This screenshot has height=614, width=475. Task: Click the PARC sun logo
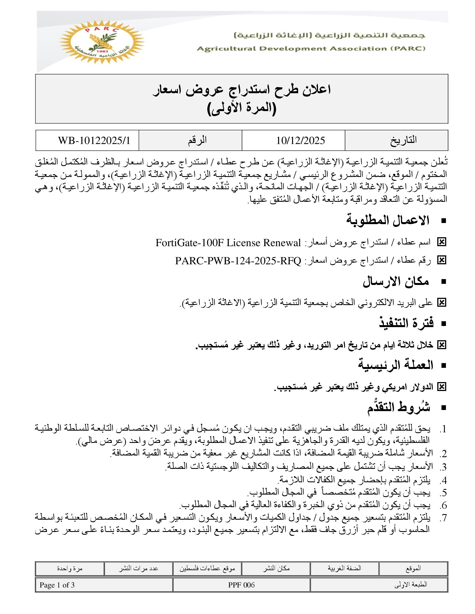[102, 42]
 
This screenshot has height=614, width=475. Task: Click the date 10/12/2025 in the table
[300, 140]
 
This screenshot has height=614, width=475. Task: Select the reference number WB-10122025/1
[94, 140]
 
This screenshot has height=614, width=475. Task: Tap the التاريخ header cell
[403, 140]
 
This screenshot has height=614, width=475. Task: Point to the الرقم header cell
[197, 140]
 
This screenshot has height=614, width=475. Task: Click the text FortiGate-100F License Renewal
[228, 243]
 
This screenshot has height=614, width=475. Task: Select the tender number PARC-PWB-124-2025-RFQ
[238, 261]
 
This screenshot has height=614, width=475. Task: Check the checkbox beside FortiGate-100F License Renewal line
[441, 242]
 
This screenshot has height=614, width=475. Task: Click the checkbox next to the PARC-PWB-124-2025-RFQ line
[441, 260]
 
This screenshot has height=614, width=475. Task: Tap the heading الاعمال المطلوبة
[388, 220]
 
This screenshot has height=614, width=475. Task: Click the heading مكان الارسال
[396, 282]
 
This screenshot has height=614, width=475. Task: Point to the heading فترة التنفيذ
[406, 323]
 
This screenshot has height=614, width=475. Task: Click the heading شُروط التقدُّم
[398, 407]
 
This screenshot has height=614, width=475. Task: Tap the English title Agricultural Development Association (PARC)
[311, 49]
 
